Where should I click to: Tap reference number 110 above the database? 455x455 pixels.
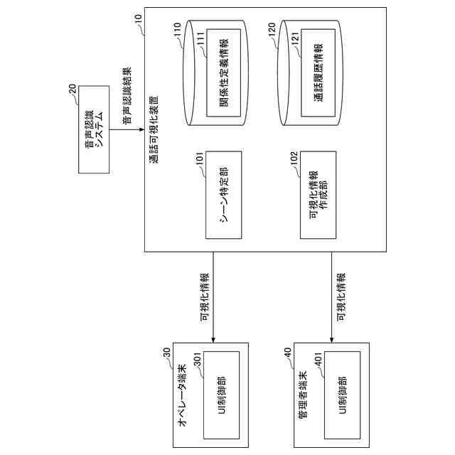(x=178, y=33)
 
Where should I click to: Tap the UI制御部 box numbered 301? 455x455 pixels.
(x=221, y=395)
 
